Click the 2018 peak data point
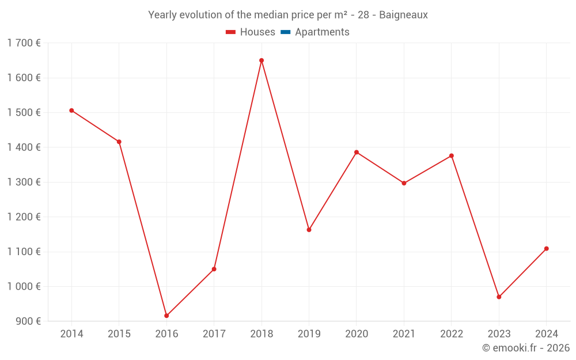tap(262, 60)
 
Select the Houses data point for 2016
tap(166, 316)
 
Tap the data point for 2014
tap(71, 111)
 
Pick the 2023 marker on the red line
tap(499, 297)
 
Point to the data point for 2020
tap(357, 152)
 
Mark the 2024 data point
tap(546, 249)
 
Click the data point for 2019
tap(309, 230)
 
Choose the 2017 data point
tap(214, 269)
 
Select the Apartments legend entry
tap(322, 32)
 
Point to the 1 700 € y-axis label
tap(24, 43)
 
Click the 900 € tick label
tap(28, 321)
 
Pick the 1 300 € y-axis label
tap(24, 182)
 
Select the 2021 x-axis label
tap(404, 334)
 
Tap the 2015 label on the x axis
tap(119, 334)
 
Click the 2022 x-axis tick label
tap(451, 334)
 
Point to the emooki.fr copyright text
tap(525, 348)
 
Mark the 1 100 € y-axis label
tap(24, 252)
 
